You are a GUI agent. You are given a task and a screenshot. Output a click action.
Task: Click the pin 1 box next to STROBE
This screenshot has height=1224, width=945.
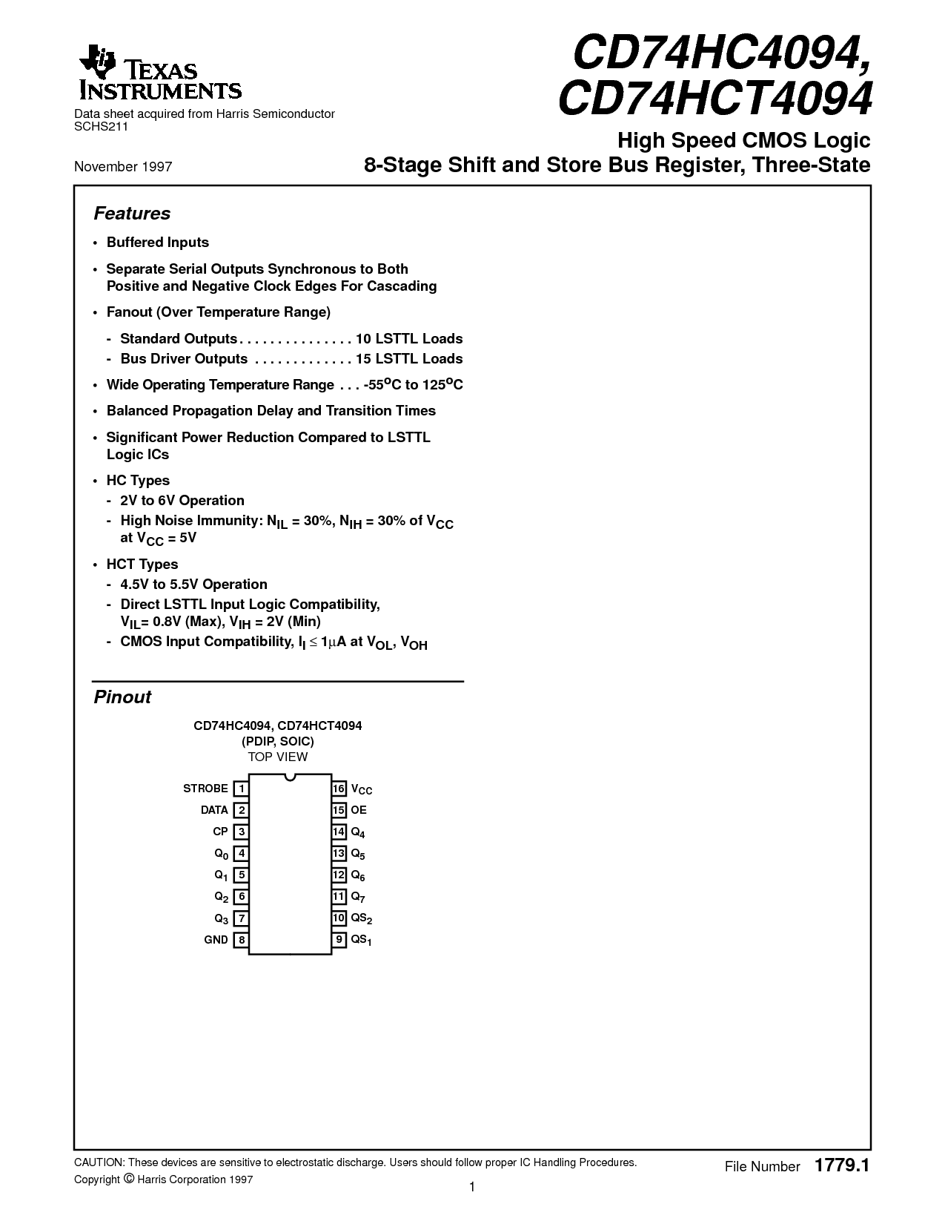[x=241, y=789]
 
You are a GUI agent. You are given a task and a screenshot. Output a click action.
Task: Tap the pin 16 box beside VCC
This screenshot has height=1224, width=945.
[x=339, y=789]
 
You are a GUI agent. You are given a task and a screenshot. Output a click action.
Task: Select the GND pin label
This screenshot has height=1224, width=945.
[x=216, y=940]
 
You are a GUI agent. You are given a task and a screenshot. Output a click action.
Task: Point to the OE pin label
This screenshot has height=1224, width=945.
[x=359, y=810]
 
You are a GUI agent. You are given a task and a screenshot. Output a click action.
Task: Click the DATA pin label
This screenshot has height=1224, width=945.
[x=214, y=810]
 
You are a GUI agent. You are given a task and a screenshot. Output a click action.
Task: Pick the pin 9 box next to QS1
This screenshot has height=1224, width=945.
[x=339, y=940]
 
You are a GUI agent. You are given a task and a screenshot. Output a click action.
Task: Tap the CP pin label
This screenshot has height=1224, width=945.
[x=220, y=832]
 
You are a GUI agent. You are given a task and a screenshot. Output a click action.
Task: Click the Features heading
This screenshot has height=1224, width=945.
[x=132, y=214]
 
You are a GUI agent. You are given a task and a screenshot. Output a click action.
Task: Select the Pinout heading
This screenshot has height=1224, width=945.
[x=122, y=697]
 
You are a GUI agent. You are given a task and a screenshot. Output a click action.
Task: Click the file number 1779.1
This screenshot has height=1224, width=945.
[x=841, y=1165]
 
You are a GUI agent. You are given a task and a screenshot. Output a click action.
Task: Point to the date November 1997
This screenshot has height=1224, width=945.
[x=123, y=166]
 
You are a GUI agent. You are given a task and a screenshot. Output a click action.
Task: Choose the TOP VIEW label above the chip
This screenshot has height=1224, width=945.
[x=277, y=757]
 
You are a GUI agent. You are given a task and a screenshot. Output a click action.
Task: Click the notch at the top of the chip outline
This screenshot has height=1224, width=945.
[x=290, y=777]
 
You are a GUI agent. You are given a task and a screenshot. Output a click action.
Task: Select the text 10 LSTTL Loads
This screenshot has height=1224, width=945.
[x=409, y=339]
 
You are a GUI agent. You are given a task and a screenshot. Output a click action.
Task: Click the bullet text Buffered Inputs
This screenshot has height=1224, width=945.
[x=158, y=243]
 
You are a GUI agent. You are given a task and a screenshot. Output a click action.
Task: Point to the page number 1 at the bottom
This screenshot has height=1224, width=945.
[x=472, y=1187]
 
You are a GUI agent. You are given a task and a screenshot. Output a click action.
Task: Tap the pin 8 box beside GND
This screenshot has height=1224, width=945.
[x=241, y=940]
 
